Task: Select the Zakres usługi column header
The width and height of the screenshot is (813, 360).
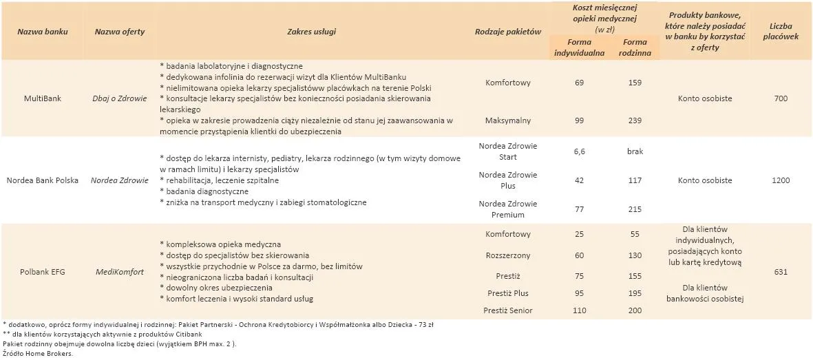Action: click(311, 32)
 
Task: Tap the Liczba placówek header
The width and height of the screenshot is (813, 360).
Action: click(781, 32)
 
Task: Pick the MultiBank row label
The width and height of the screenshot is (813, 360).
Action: click(42, 98)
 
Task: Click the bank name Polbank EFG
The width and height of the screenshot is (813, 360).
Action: click(42, 272)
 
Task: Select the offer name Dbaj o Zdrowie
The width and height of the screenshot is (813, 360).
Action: click(120, 98)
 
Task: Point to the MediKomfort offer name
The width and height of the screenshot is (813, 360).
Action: click(120, 272)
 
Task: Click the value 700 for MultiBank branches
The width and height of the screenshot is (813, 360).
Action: click(781, 98)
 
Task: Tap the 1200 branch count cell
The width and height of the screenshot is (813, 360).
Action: click(781, 180)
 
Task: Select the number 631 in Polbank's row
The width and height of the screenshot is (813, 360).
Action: click(781, 272)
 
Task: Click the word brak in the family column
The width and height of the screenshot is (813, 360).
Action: click(635, 151)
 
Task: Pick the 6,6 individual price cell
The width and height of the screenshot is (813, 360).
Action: click(579, 151)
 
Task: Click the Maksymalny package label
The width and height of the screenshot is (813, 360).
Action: click(508, 120)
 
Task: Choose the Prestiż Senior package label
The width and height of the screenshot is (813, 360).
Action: click(508, 310)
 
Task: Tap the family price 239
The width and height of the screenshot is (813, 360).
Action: click(635, 120)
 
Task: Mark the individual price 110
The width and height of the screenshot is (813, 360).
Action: click(579, 310)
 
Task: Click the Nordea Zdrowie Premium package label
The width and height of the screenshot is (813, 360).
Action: click(508, 209)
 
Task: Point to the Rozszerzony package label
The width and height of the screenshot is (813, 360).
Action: click(508, 256)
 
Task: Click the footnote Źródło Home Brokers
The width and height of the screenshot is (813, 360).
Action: click(38, 354)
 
